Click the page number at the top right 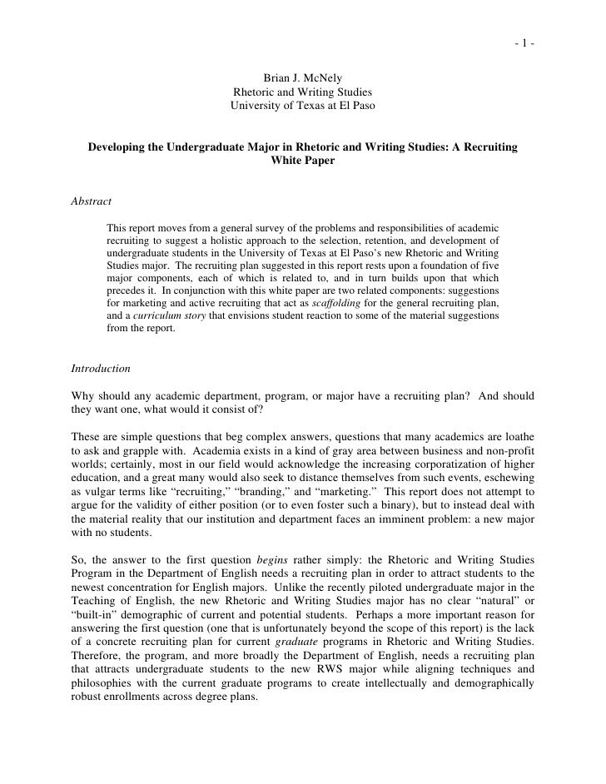pos(524,21)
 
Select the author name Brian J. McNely pos(303,78)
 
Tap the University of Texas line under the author pos(303,106)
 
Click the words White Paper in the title pos(303,161)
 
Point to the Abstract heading pos(92,201)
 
